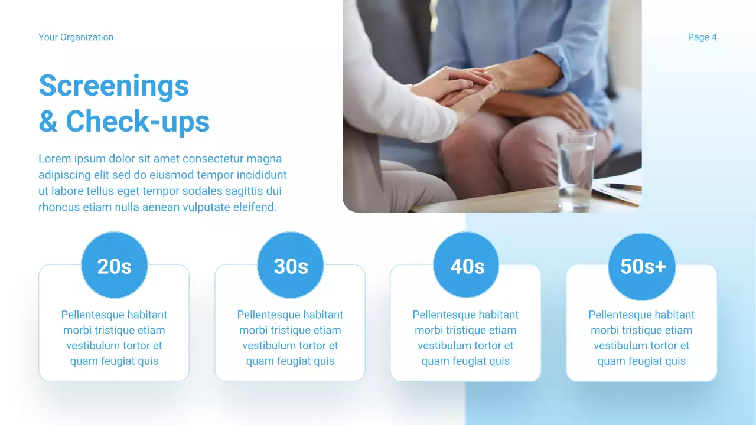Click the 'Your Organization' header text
pos(76,37)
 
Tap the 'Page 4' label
pos(702,37)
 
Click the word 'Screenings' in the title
pos(114,86)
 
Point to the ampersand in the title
pos(48,121)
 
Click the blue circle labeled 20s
pos(114,265)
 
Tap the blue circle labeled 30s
pos(291,265)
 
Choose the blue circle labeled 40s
pos(467,265)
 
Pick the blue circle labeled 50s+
pos(642,266)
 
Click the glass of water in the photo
pos(575,168)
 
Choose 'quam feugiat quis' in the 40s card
pos(465,361)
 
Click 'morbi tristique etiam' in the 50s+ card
pos(641,330)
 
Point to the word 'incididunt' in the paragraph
pos(262,175)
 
